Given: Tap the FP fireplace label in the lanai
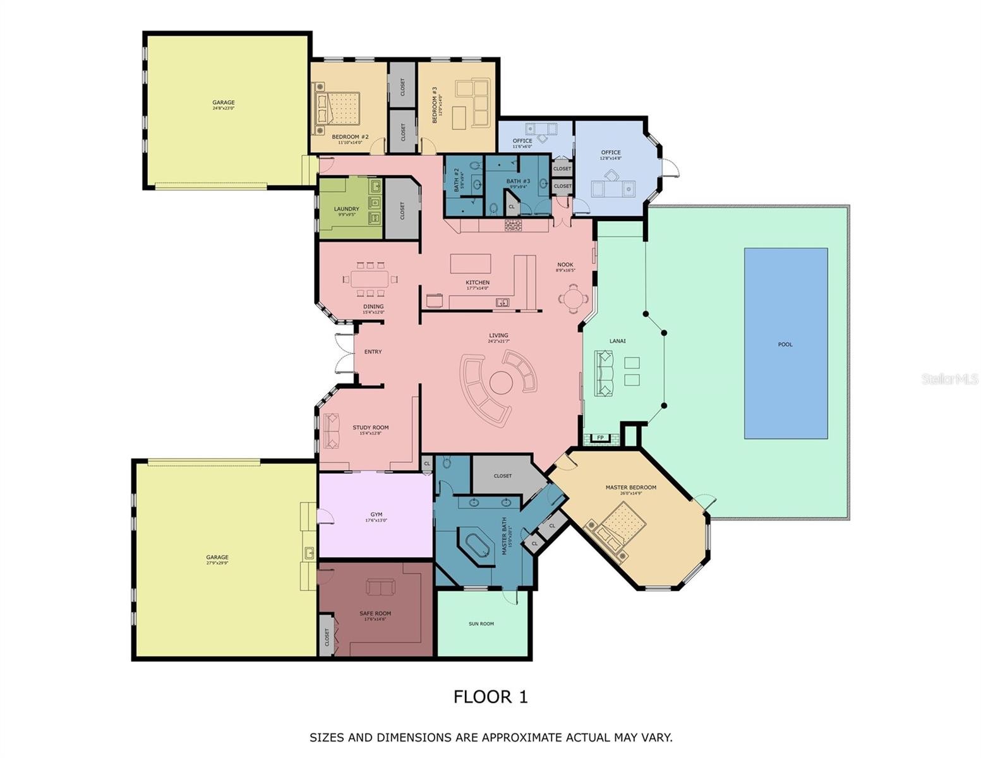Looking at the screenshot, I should coord(599,438).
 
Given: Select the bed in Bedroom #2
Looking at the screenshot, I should coord(338,108).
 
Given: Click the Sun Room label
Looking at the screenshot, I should coord(481,623).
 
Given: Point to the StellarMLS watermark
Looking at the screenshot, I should coord(949,379).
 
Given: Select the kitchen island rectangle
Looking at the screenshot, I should coord(471,263).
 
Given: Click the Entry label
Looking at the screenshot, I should coord(373,352).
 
